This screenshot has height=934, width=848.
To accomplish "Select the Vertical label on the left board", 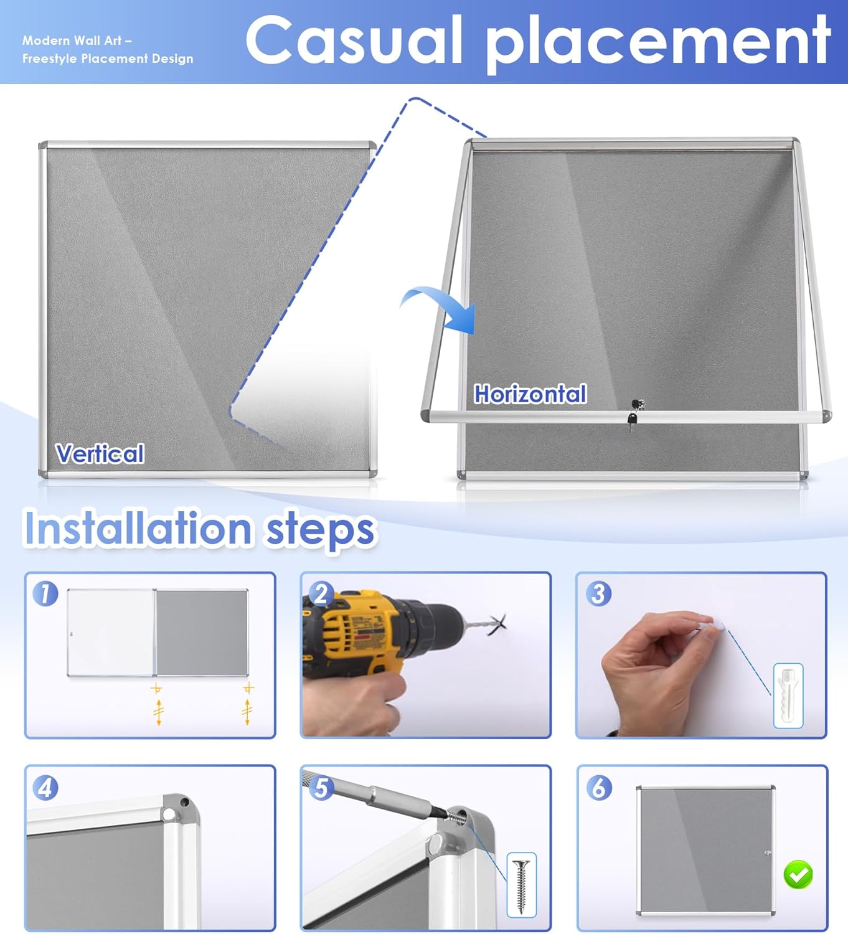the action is [x=100, y=453].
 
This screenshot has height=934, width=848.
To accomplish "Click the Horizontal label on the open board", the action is [x=530, y=394].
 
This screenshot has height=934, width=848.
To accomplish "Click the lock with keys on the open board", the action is [x=634, y=414].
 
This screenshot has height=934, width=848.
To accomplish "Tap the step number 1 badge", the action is [x=45, y=593].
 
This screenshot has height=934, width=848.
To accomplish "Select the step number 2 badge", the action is [x=321, y=593].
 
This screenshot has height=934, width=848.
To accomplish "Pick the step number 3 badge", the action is [x=598, y=593].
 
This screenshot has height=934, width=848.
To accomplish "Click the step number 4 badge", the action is [x=45, y=788].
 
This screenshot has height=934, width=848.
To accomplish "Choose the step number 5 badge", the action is [x=321, y=788].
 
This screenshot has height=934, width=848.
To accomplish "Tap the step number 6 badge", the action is [x=598, y=788].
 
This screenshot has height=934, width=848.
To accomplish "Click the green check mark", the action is [x=798, y=874].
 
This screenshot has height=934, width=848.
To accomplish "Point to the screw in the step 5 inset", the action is [x=521, y=886].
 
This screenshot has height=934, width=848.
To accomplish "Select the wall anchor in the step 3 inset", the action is [x=788, y=696].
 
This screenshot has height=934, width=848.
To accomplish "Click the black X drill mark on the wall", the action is [x=497, y=625].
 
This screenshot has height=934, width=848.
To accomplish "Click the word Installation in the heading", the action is [x=138, y=529].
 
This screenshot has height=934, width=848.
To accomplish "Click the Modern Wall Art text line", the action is [x=77, y=40].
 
